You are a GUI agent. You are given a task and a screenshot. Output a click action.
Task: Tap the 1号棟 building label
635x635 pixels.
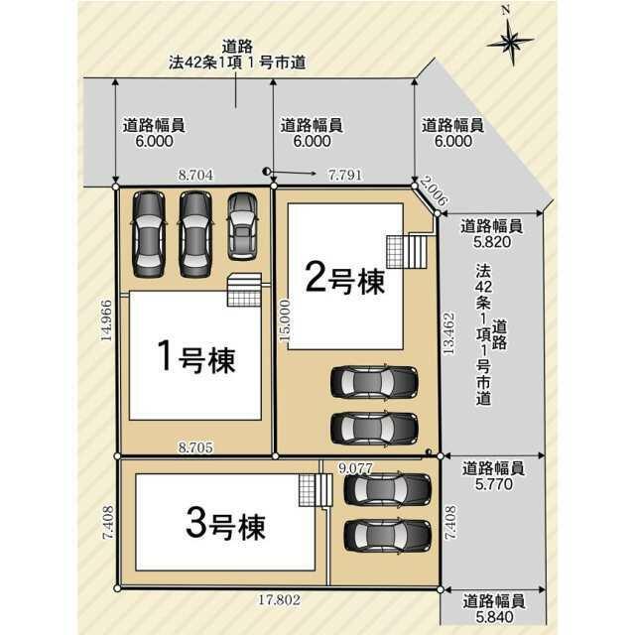tap(196, 357)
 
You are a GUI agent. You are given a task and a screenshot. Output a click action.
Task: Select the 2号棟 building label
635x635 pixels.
tap(345, 278)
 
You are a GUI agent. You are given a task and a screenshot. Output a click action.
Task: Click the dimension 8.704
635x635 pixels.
tap(195, 176)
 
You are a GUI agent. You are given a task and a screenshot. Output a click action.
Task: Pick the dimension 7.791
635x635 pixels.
tap(345, 175)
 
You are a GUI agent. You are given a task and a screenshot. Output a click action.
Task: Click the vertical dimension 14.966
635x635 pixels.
tap(106, 320)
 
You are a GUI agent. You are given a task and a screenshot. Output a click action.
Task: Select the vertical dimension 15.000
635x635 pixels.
tap(285, 320)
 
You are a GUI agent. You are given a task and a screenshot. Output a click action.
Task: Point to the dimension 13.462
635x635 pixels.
tap(448, 333)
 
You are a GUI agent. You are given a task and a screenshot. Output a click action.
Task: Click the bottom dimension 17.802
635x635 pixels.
tap(280, 599)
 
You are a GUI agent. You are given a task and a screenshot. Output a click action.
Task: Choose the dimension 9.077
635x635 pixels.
tap(355, 468)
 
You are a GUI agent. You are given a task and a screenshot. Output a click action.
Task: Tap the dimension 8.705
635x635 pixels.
tap(195, 447)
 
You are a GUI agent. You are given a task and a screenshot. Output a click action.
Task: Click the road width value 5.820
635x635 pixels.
tap(492, 242)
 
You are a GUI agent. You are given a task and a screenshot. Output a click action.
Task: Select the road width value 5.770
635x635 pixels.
tap(494, 484)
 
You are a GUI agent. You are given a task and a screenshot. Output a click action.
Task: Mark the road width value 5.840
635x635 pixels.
tap(494, 617)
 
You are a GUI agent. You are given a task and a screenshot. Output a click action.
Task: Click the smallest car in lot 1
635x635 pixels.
tap(242, 226)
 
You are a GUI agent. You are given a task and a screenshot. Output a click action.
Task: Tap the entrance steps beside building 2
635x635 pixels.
tap(407, 252)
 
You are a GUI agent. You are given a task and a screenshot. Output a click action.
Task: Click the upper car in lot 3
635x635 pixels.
tap(387, 489)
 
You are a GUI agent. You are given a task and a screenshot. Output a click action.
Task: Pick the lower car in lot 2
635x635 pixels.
tap(375, 429)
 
